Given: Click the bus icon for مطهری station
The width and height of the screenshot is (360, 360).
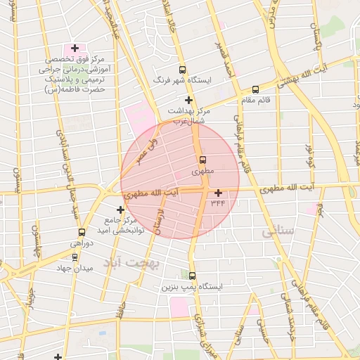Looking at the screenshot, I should (x=202, y=160).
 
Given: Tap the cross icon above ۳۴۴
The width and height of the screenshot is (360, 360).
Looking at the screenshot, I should (x=218, y=193).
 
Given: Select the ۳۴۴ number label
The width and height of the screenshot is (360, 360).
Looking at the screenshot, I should (x=217, y=203).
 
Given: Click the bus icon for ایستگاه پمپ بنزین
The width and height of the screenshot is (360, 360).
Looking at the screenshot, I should (x=193, y=276).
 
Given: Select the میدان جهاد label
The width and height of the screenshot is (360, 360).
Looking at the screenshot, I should (x=75, y=268).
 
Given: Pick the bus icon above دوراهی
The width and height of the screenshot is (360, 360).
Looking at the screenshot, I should (x=82, y=232).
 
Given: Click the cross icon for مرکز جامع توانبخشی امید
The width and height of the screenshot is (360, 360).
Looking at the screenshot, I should (x=120, y=210).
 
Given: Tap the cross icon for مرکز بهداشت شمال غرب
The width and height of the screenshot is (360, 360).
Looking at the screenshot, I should (x=188, y=100).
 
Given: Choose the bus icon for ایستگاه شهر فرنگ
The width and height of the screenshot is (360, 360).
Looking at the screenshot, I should (x=183, y=70).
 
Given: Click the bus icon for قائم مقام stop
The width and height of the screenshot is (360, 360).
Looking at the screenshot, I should (x=255, y=89).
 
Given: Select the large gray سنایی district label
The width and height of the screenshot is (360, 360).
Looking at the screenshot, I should (x=275, y=231).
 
